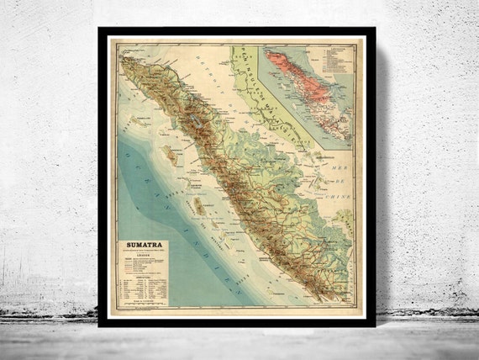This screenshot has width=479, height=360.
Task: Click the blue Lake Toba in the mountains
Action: pyautogui.click(x=194, y=121)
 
